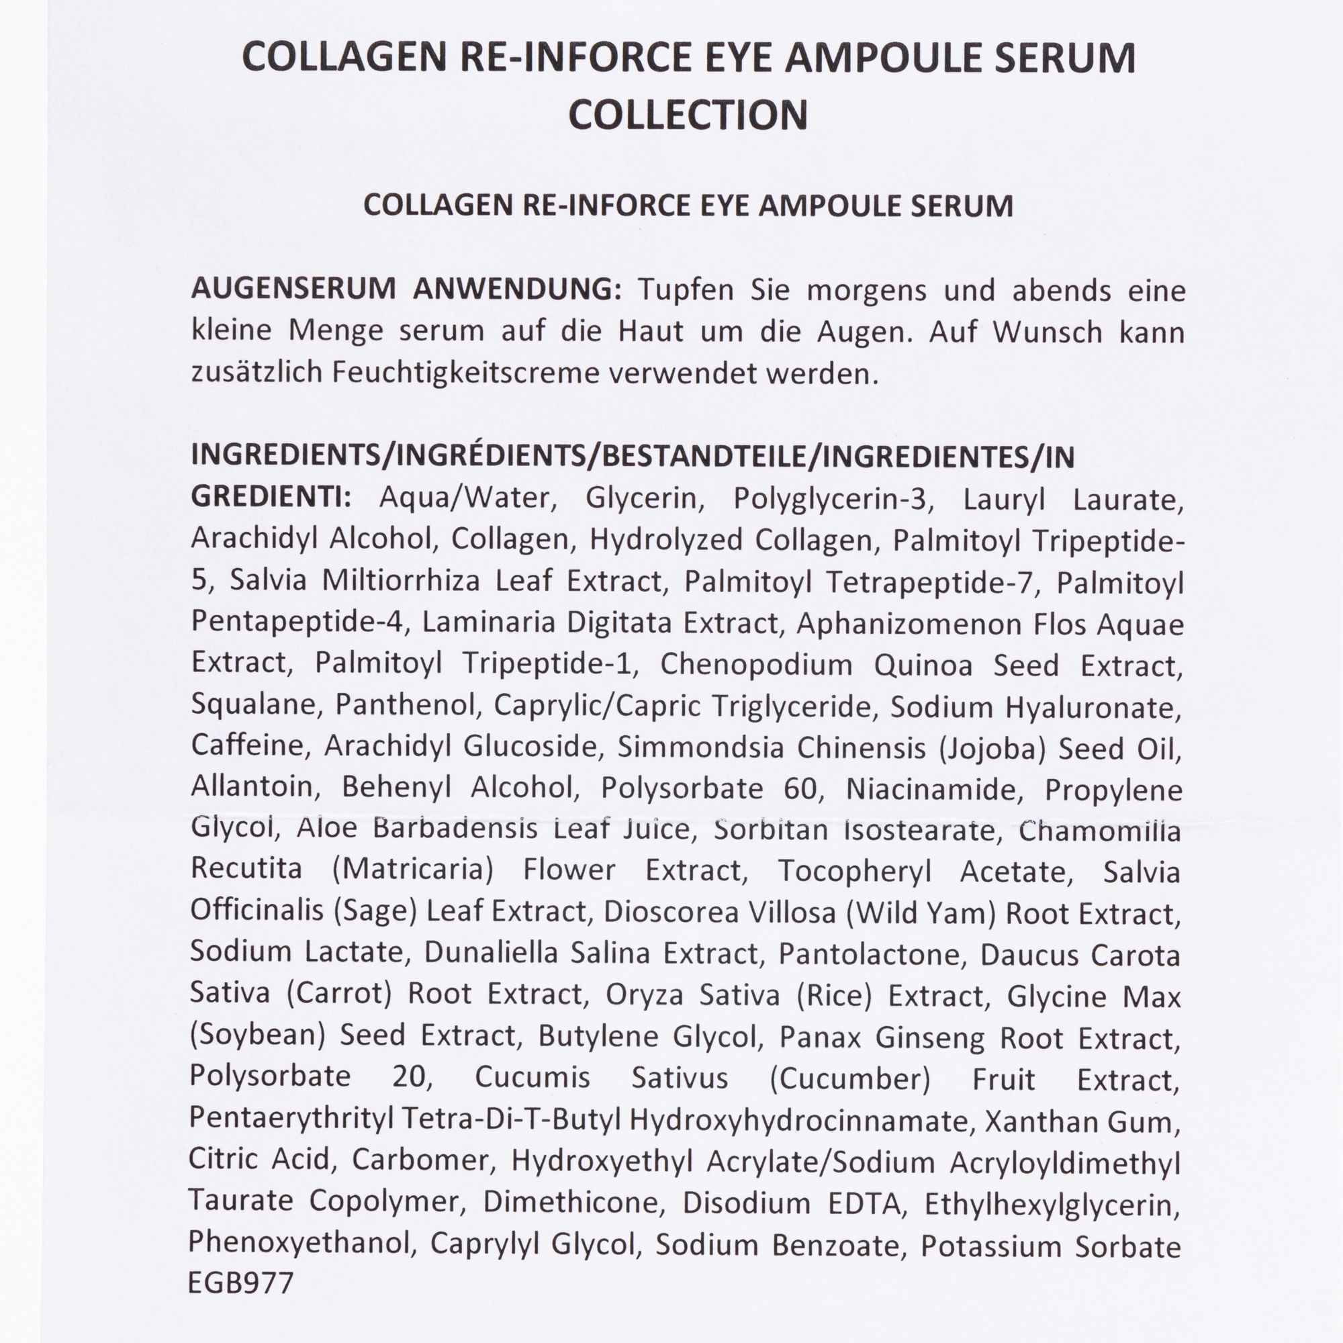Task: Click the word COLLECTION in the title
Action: point(688,115)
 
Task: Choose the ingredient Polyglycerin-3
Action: point(831,499)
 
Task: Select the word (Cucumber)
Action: point(849,1079)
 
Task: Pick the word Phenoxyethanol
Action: point(299,1244)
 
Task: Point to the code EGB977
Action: point(240,1283)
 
